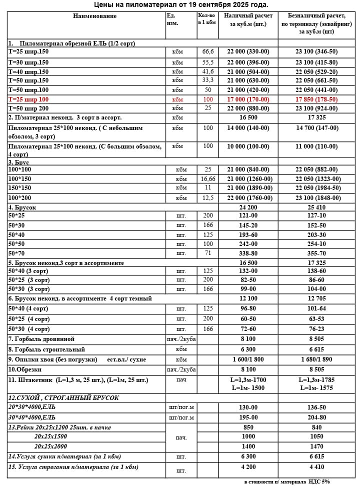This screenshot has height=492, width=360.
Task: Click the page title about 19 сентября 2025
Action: [x=181, y=5]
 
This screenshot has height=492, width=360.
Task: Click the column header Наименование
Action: [x=94, y=16]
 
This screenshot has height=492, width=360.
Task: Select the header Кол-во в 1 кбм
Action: [x=207, y=19]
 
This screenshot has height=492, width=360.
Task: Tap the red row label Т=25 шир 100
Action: [x=28, y=99]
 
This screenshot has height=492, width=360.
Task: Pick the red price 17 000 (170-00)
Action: [x=248, y=99]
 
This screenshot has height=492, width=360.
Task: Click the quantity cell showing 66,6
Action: [x=208, y=51]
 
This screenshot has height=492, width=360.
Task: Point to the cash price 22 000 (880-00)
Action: [x=248, y=108]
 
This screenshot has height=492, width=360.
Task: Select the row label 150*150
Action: [x=20, y=188]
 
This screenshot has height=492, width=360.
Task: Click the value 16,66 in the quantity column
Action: [x=208, y=179]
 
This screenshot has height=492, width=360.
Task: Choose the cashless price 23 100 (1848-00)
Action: [x=317, y=198]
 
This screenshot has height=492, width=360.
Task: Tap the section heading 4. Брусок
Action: [x=22, y=207]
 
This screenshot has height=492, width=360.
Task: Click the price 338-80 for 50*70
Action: [x=248, y=253]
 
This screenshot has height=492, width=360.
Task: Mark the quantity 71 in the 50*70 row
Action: [x=208, y=253]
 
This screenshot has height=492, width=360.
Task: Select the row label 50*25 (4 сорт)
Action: [x=28, y=319]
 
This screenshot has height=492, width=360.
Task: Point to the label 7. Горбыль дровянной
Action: [x=41, y=339]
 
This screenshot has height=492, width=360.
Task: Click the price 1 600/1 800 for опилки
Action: [x=248, y=359]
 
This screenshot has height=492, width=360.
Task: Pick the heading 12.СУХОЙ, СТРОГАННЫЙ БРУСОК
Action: [x=63, y=398]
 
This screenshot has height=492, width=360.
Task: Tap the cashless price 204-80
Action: [x=317, y=417]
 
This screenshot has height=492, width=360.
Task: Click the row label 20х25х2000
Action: [x=50, y=446]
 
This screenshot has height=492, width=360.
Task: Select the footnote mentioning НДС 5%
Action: [x=287, y=482]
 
